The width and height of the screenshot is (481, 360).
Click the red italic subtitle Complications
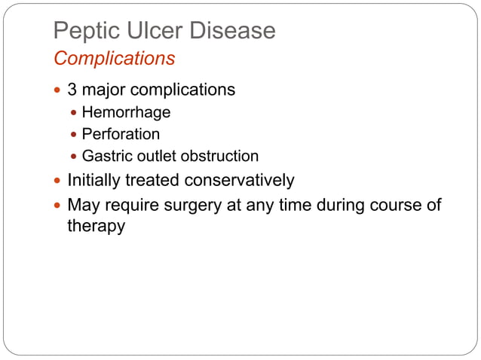pyautogui.click(x=115, y=58)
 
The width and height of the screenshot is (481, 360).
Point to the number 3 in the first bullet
pyautogui.click(x=72, y=90)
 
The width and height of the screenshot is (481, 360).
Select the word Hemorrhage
pyautogui.click(x=126, y=113)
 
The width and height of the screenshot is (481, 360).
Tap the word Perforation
pyautogui.click(x=121, y=135)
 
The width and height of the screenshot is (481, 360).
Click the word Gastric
pyautogui.click(x=106, y=157)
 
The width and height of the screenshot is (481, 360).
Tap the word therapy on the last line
pyautogui.click(x=96, y=226)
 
